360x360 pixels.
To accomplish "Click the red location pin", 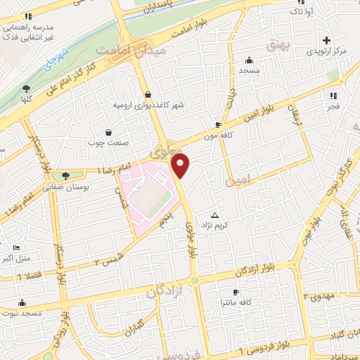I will [181, 167].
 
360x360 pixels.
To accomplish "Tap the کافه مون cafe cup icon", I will [219, 124].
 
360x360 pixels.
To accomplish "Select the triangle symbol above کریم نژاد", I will [215, 215].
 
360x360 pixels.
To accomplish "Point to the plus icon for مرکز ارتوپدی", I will [326, 41].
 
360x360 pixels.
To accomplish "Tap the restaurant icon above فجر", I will [333, 96].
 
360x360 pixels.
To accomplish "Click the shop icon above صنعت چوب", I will [108, 131].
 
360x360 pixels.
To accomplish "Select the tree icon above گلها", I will [27, 89].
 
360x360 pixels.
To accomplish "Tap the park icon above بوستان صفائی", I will [66, 176].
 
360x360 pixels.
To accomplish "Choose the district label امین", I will [238, 181].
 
